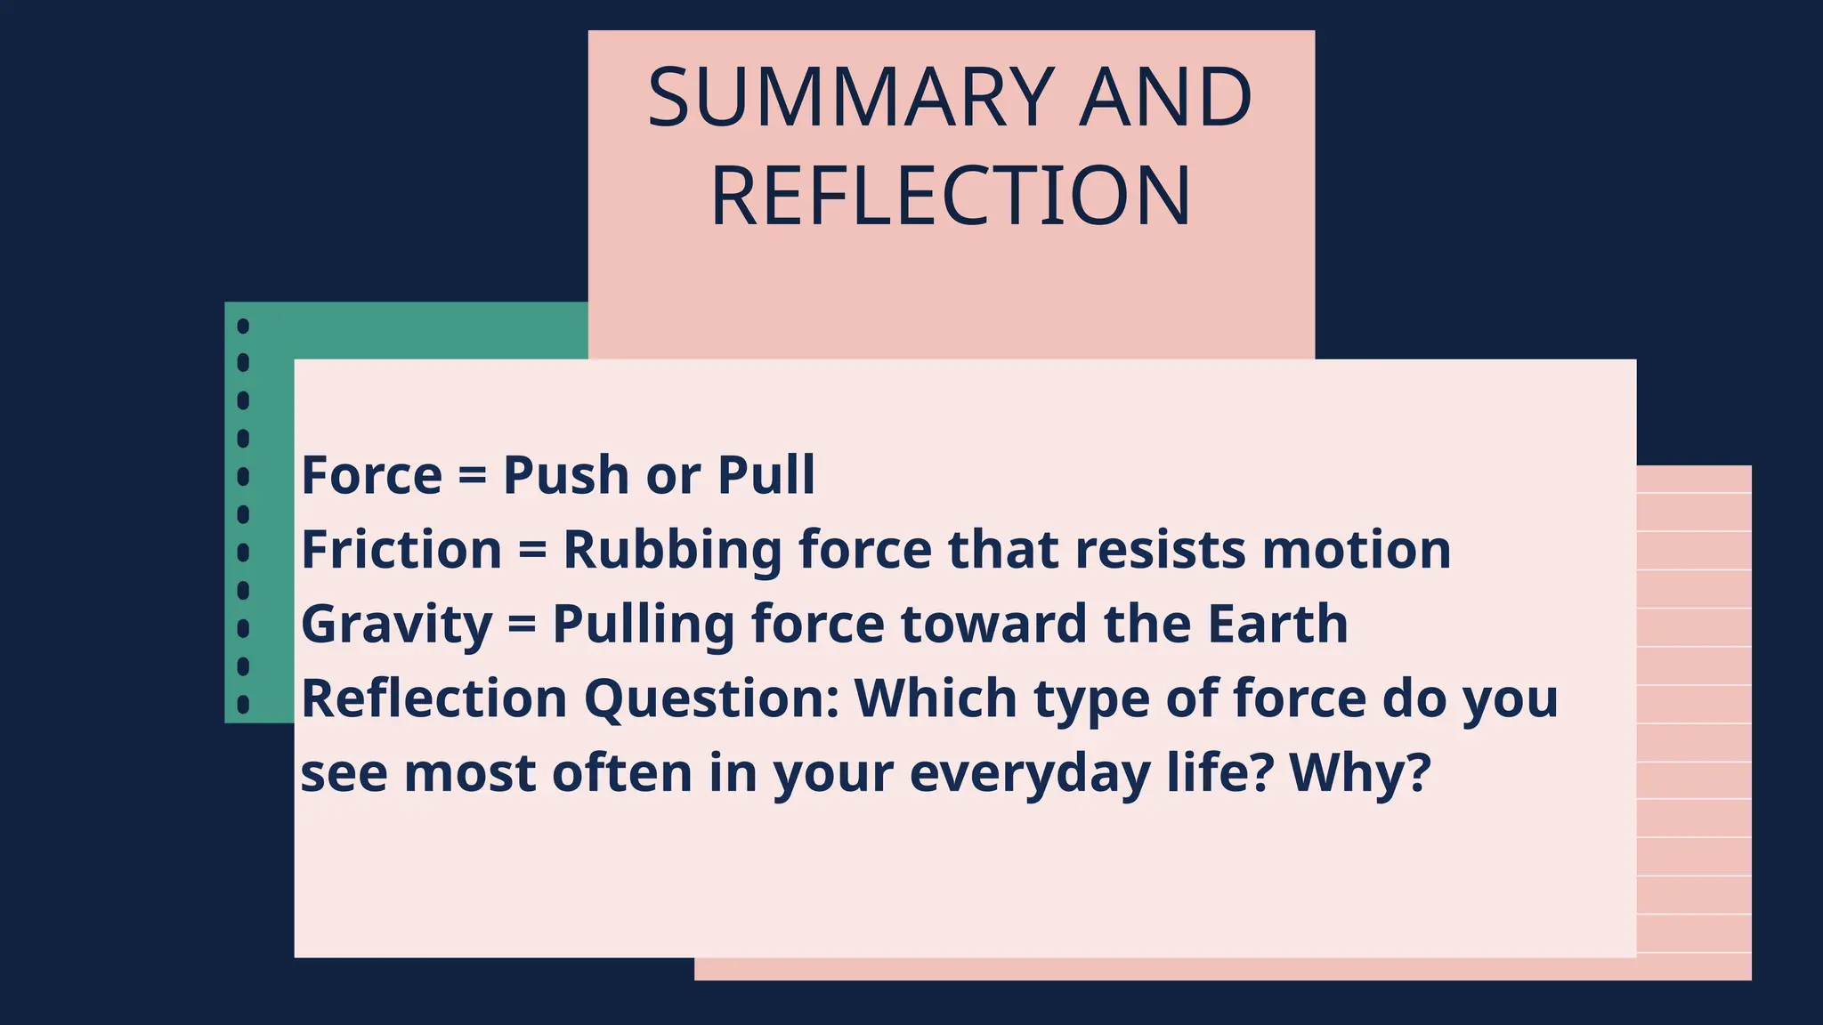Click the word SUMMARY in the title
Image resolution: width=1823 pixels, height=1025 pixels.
851,98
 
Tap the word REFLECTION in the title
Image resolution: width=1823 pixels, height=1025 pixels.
951,197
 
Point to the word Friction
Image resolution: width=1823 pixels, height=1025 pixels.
401,550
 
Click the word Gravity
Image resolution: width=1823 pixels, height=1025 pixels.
396,625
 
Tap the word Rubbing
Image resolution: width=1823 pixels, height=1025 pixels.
672,550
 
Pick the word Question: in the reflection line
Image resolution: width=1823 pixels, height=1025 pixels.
711,698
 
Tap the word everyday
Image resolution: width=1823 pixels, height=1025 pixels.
1030,774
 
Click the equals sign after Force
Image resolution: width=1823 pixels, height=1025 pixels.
472,475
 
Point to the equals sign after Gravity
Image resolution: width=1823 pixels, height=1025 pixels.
522,624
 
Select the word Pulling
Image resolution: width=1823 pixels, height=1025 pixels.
643,625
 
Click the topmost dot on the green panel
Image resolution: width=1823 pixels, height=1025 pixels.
243,326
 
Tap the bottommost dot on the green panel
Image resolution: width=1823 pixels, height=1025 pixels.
243,705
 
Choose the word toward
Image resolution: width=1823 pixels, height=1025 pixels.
994,624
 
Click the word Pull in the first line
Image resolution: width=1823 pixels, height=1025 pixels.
766,475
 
